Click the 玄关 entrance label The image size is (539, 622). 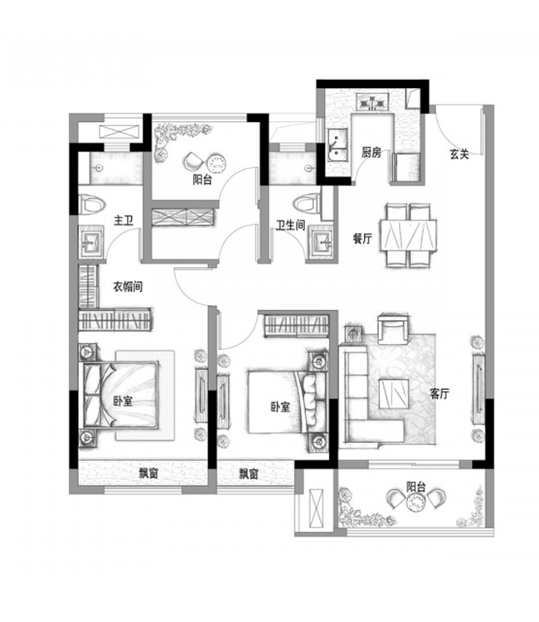pos(459,154)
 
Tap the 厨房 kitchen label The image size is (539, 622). pos(371,153)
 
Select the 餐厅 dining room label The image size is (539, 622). pos(362,238)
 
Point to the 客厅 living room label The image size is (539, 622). pos(439,393)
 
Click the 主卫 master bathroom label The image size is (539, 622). pos(123,220)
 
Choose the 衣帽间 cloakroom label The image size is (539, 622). pos(128,286)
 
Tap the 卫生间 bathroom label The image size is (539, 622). pos(291,226)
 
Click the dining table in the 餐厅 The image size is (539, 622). pos(408,235)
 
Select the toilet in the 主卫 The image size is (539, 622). pos(92,205)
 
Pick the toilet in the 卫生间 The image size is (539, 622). pos(307,204)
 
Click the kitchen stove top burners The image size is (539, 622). pos(372,102)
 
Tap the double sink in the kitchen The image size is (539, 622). pos(337,145)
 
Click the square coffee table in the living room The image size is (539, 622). pos(393,393)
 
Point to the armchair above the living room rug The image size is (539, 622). pos(393,328)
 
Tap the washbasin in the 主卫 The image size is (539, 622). pos(91,241)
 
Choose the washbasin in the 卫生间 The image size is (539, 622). pos(322,241)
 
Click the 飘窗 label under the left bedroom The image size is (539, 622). pos(148,474)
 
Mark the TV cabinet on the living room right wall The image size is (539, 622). pos(478,386)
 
